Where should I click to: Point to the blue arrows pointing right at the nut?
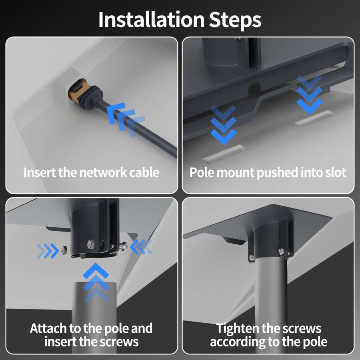click(x=48, y=251)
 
